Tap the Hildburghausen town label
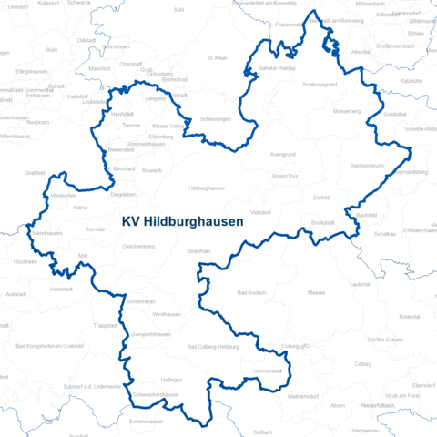click(206, 188)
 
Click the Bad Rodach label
click(250, 293)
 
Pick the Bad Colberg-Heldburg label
click(212, 347)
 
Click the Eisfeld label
click(320, 195)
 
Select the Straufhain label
click(199, 250)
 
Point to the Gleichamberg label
click(139, 246)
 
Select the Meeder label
click(317, 293)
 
